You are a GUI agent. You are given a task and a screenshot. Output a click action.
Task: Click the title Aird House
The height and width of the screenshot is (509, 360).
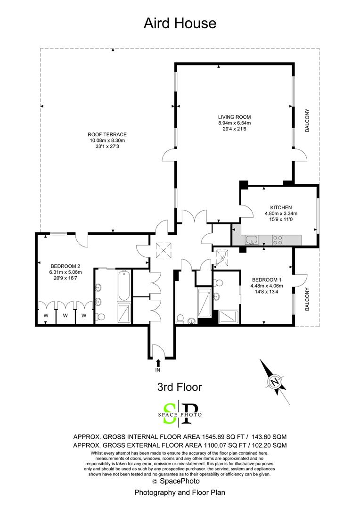(x=180, y=23)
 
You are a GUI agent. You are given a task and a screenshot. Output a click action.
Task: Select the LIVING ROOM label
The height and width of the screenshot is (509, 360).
(x=234, y=117)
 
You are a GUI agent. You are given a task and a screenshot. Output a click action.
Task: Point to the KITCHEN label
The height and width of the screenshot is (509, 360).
(x=281, y=207)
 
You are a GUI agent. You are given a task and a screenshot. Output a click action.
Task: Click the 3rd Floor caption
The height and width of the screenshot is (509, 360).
(x=179, y=387)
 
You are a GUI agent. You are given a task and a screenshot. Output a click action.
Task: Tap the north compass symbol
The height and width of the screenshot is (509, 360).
(x=274, y=381)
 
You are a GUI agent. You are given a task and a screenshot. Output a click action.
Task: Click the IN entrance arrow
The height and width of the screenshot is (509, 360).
(x=158, y=363)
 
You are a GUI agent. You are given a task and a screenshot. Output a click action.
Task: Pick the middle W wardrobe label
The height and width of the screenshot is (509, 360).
(x=65, y=315)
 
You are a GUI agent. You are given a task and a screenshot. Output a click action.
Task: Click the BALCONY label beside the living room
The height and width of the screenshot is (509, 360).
(x=307, y=121)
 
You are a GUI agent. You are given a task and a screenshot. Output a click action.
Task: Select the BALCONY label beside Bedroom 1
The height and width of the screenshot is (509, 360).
(x=307, y=299)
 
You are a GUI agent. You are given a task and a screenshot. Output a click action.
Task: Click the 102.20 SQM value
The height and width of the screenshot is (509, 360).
(x=270, y=445)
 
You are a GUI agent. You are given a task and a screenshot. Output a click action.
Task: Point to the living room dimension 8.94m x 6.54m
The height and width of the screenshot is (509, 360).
(x=234, y=123)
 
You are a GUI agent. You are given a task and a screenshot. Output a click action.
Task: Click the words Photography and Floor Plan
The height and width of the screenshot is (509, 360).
(x=180, y=493)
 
